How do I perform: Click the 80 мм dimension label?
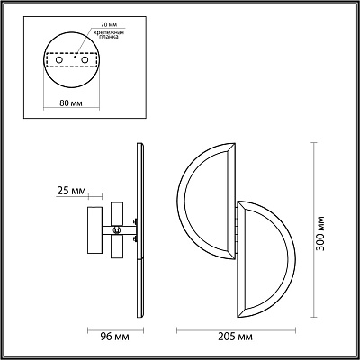coord(71,103)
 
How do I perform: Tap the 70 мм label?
coord(104,23)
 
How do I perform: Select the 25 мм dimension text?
coord(71,191)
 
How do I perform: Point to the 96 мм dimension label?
coord(114,337)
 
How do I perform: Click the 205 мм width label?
coord(236,337)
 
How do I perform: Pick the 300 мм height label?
coord(320,233)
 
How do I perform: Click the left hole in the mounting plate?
coord(58,60)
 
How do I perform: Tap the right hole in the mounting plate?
coord(85,60)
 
